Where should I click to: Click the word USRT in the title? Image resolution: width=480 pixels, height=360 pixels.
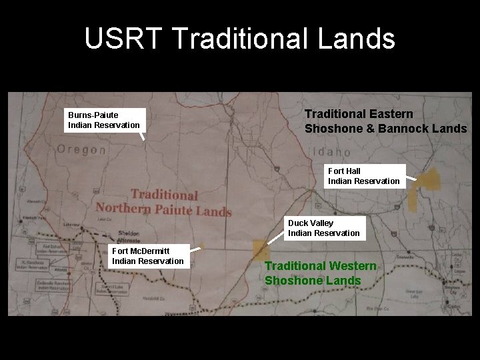(x=123, y=39)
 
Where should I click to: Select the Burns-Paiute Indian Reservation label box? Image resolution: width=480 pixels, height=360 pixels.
(x=104, y=120)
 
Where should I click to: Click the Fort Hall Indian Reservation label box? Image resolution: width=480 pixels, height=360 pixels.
(x=364, y=176)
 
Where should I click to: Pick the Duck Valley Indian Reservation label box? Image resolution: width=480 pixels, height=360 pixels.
(x=324, y=228)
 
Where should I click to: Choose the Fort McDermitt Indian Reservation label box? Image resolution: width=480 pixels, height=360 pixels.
(x=148, y=255)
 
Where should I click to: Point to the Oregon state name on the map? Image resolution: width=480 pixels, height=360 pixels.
(x=81, y=150)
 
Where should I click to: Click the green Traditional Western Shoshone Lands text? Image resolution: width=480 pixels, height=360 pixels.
(x=321, y=273)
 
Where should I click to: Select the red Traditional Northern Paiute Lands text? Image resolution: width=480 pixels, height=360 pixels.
(x=163, y=203)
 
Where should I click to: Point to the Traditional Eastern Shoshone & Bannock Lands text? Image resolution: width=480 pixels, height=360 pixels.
(x=385, y=121)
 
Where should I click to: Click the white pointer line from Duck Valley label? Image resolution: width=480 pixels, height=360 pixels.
(x=275, y=239)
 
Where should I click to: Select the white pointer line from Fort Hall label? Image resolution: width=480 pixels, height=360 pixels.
(x=412, y=179)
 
